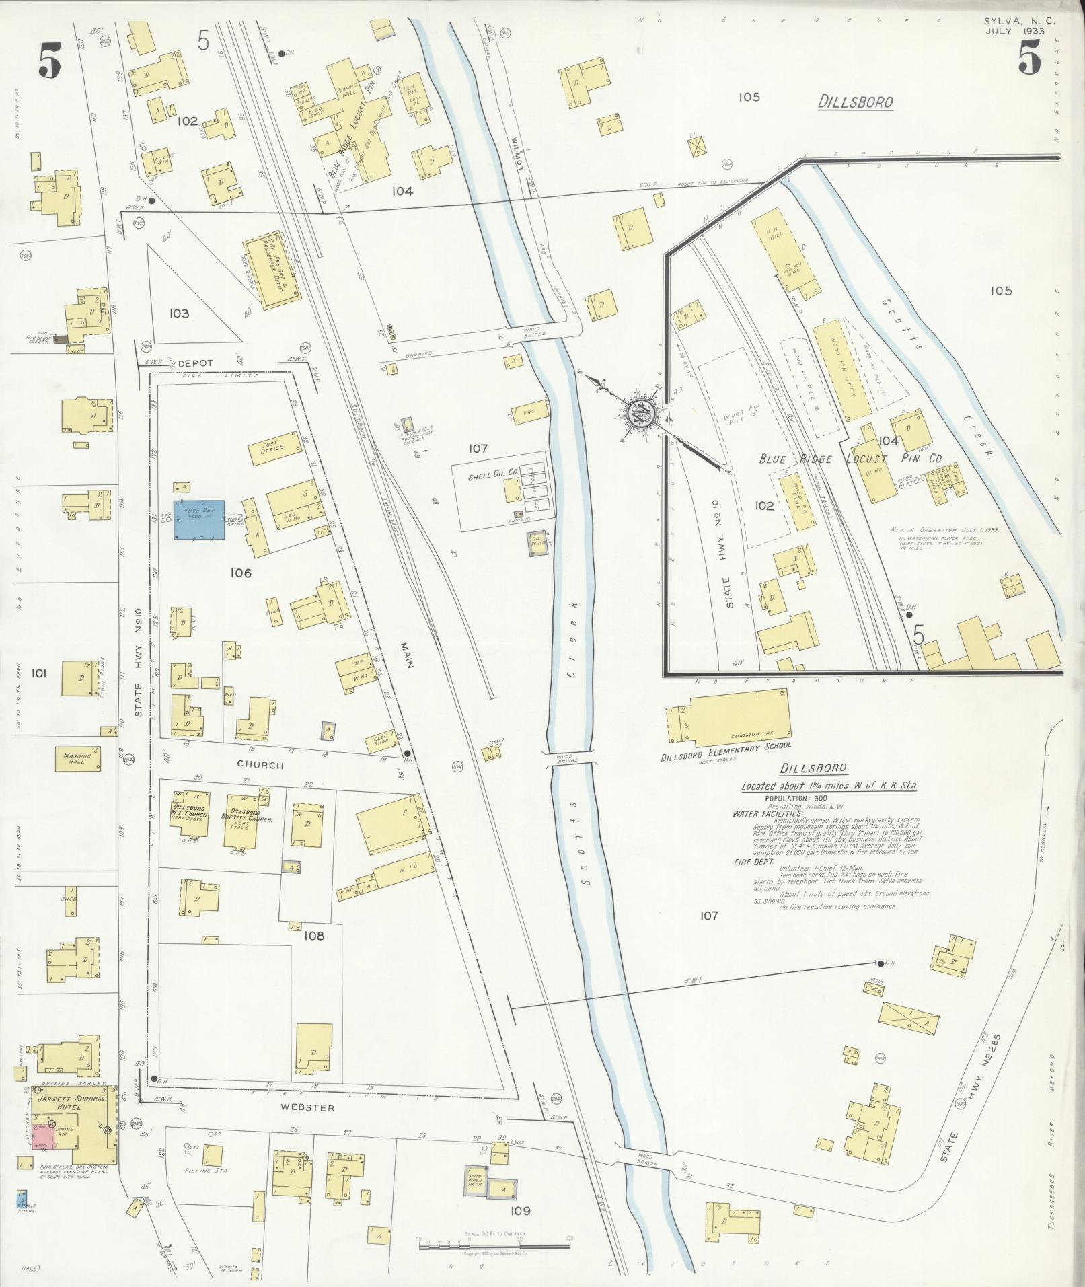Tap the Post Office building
[273, 447]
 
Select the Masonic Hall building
[82, 759]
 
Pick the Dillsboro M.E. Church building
[189, 812]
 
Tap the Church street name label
[260, 765]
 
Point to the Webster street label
[313, 1108]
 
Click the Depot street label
[195, 363]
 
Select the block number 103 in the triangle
[179, 314]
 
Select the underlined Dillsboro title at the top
[856, 102]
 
